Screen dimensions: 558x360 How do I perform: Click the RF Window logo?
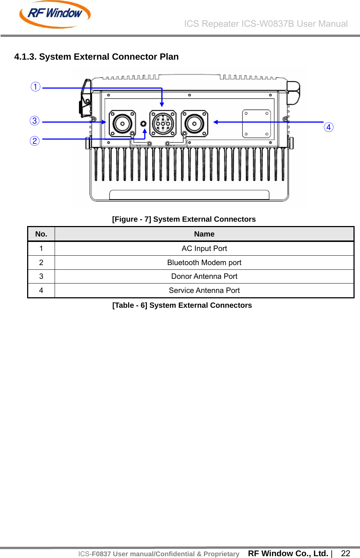(55, 14)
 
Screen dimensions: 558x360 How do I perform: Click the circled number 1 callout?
(35, 87)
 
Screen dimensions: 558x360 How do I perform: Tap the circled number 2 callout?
(35, 141)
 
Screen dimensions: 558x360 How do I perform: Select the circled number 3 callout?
(35, 121)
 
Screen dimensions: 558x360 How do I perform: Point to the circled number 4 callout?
(329, 127)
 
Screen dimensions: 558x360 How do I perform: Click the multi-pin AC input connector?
(163, 124)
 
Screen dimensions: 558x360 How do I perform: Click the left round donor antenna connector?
(122, 124)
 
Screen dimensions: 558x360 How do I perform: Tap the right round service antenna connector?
(194, 124)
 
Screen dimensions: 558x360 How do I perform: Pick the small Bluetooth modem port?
(143, 124)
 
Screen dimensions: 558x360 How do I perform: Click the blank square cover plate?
(256, 124)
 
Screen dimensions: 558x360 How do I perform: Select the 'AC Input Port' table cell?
(204, 248)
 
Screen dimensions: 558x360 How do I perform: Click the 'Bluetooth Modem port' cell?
(204, 263)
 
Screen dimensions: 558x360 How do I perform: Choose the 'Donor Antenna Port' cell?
(204, 276)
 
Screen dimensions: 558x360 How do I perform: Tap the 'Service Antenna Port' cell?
(204, 290)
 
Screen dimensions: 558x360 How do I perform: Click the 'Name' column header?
(204, 234)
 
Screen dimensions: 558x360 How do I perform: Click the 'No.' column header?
(41, 234)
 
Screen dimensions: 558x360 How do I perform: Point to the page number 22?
(346, 553)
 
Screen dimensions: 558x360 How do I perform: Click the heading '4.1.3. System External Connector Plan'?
(96, 57)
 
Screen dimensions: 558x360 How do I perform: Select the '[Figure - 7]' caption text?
(184, 219)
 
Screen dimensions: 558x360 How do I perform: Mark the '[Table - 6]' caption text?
(182, 305)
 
